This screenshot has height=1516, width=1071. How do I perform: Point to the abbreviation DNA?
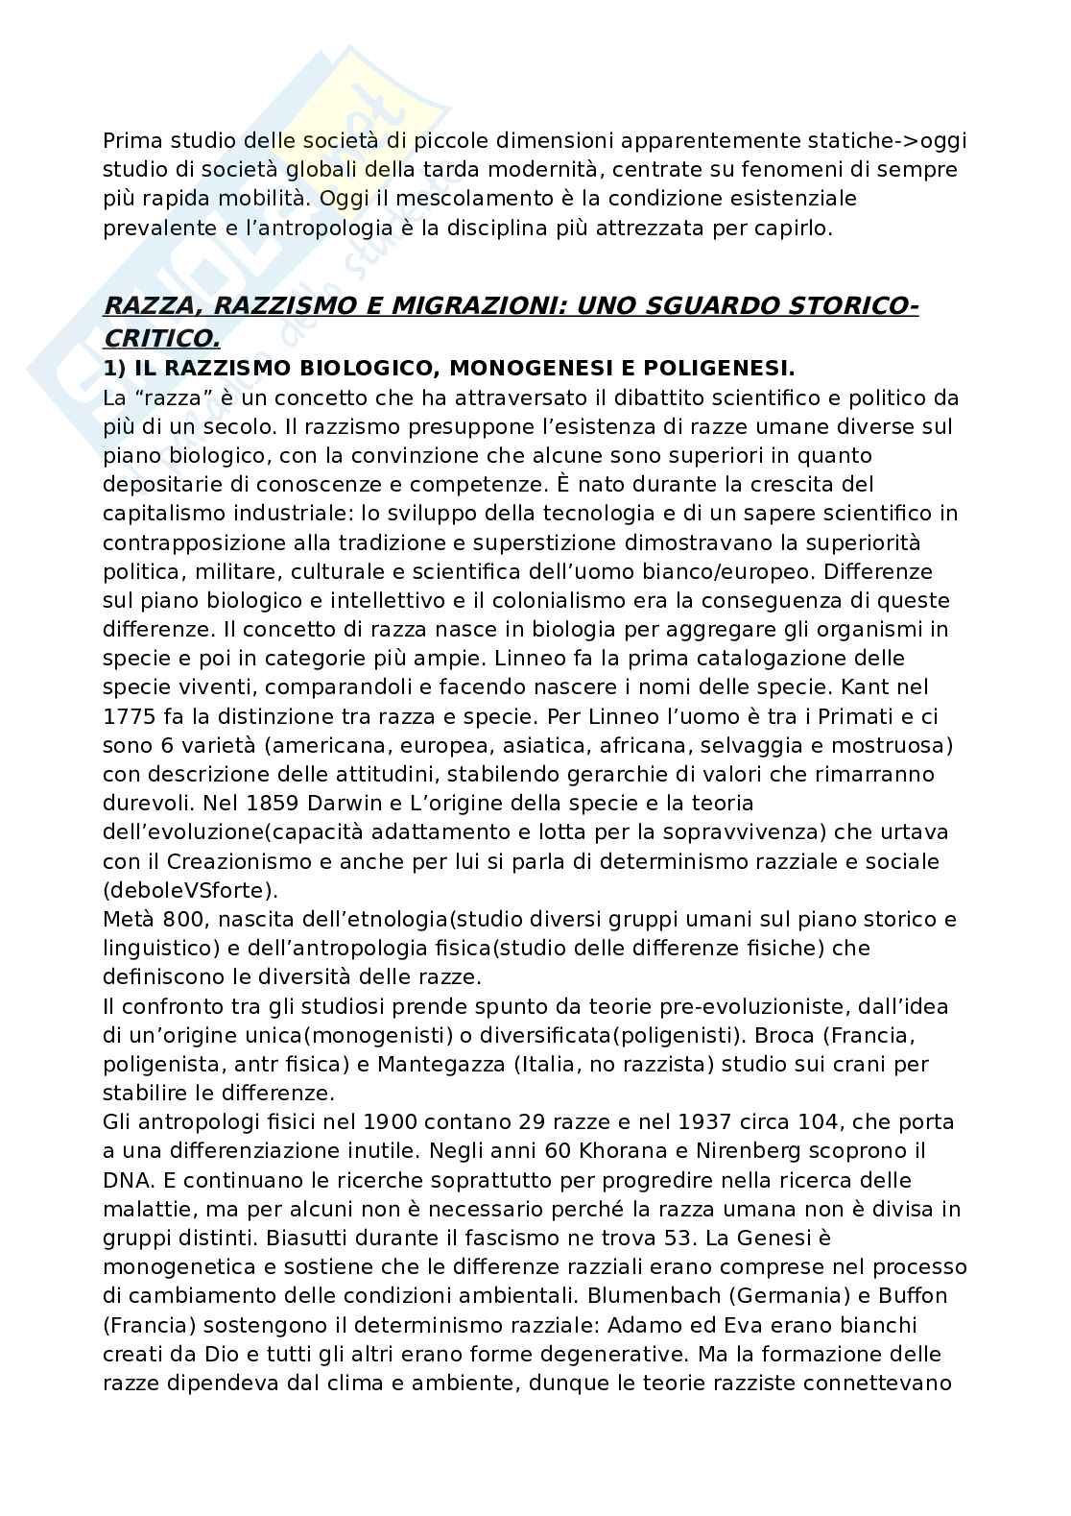(x=126, y=1180)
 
